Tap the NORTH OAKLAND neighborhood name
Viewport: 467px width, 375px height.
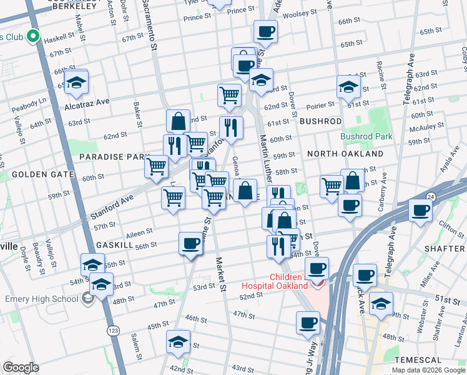345,154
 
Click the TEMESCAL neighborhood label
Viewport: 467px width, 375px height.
418,361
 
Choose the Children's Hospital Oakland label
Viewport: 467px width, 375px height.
288,281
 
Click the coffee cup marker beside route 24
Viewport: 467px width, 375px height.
420,210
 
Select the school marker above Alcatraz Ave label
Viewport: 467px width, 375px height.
76,83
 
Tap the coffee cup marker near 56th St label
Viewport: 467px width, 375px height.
190,244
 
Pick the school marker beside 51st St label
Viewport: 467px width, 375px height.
380,304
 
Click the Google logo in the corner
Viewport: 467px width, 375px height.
21,367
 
